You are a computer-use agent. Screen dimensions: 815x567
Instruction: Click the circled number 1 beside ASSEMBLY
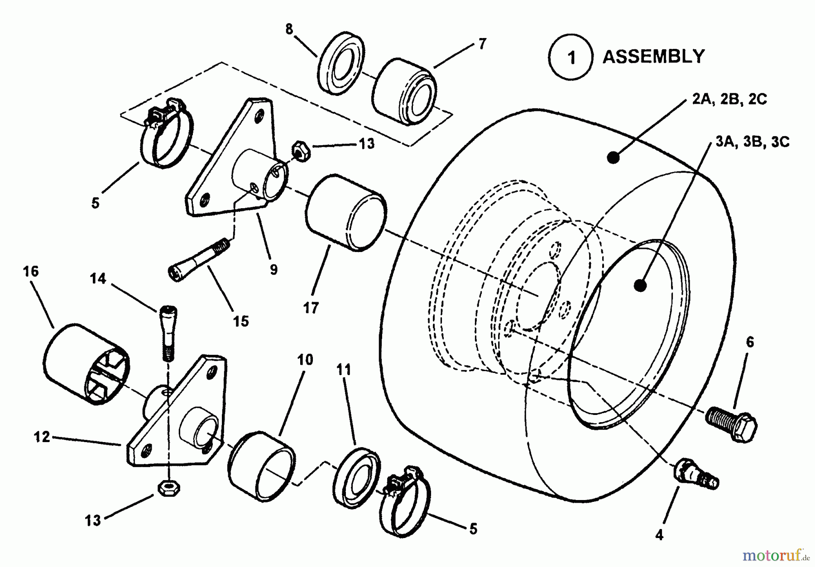(570, 57)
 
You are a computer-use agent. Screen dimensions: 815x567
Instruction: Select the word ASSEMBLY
(654, 57)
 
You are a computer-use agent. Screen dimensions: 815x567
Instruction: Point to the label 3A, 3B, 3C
(752, 142)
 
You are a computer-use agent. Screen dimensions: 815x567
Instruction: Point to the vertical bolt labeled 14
(168, 334)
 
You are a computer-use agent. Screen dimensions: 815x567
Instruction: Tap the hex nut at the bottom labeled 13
(169, 488)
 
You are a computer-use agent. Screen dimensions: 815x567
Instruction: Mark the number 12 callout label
(42, 438)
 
